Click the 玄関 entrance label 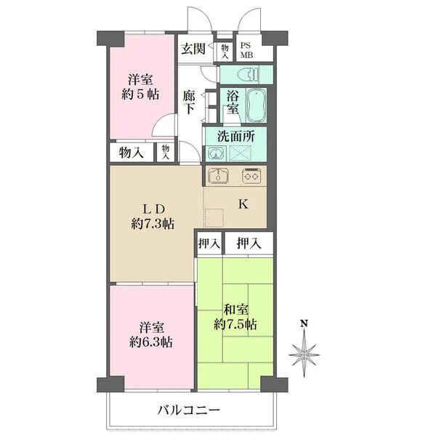tap(193, 49)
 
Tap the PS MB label tap(246, 50)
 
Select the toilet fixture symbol tap(248, 74)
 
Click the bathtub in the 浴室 tap(256, 105)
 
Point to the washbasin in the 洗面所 tap(217, 153)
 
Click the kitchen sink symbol tap(218, 176)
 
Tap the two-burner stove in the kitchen tap(251, 176)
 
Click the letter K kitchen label tap(243, 204)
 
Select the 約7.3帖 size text tap(153, 224)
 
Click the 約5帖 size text tap(140, 94)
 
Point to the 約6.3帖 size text tap(151, 342)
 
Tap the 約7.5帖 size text tap(235, 324)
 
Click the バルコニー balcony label tap(189, 410)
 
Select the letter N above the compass tap(304, 323)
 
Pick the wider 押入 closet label tap(249, 243)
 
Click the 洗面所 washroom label tap(235, 137)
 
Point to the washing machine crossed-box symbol tap(240, 153)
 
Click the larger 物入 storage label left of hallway tap(132, 153)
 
